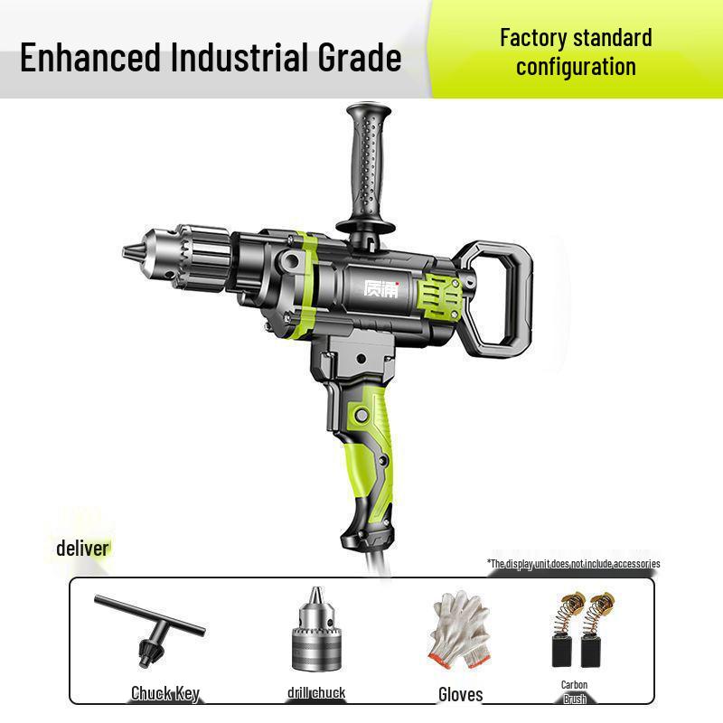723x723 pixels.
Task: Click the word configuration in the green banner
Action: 576,67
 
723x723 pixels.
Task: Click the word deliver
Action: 82,548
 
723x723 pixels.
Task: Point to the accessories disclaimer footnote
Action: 574,564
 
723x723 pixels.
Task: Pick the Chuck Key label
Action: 164,693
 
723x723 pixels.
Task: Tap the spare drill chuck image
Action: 315,633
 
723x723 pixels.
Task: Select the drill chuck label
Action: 316,693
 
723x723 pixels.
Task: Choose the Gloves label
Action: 460,694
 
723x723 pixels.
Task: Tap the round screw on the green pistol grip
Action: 361,416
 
